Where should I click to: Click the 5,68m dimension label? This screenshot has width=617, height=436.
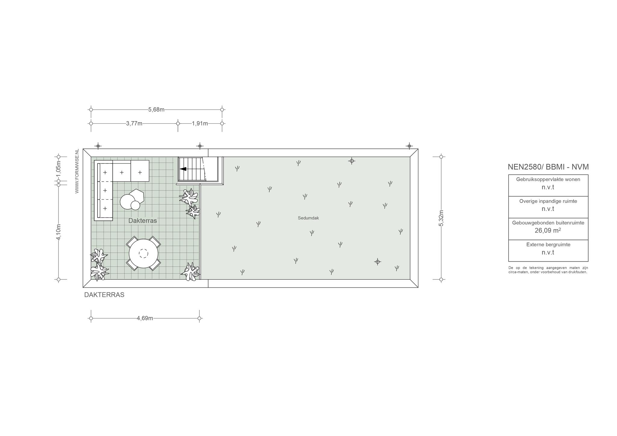[x=156, y=110]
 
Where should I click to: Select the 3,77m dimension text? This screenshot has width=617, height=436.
[x=134, y=123]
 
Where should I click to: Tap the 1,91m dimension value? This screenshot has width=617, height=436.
[x=200, y=123]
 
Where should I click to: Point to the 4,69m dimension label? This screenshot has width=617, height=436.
[x=145, y=318]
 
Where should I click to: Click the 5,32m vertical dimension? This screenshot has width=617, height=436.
[x=441, y=218]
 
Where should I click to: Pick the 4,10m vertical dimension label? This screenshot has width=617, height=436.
[x=59, y=232]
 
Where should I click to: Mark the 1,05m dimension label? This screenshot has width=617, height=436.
[x=59, y=169]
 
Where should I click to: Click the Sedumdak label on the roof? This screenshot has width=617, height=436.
[x=308, y=218]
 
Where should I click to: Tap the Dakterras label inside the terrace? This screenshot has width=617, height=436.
[x=143, y=221]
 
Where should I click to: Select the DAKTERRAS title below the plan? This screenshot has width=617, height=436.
[x=104, y=295]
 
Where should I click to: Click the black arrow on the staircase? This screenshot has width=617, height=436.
[x=183, y=169]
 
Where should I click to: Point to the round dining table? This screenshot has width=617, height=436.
[x=144, y=254]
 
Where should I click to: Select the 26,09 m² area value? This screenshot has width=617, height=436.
[x=548, y=231]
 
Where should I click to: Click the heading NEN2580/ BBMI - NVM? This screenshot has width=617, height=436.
[x=548, y=167]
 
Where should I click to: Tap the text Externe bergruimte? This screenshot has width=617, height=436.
[x=548, y=245]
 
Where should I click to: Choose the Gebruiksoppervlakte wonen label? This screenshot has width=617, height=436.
[x=548, y=179]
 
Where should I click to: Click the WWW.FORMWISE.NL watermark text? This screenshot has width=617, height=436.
[x=77, y=171]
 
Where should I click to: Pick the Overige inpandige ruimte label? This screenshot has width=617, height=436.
[x=548, y=201]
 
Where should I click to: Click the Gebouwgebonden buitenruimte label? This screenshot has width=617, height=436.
[x=548, y=223]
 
